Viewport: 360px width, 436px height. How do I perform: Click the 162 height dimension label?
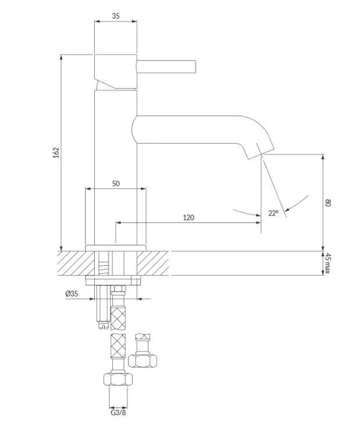pyautogui.click(x=56, y=153)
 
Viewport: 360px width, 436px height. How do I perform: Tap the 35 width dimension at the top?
pyautogui.click(x=116, y=16)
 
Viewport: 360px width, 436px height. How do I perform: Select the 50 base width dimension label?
pyautogui.click(x=116, y=184)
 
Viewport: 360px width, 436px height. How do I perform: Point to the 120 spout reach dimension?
pyautogui.click(x=188, y=217)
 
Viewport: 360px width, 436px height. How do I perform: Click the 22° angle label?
pyautogui.click(x=273, y=213)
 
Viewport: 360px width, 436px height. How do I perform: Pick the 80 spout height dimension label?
pyautogui.click(x=328, y=203)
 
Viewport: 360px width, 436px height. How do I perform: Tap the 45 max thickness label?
pyautogui.click(x=328, y=263)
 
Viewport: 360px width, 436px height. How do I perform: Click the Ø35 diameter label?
pyautogui.click(x=72, y=294)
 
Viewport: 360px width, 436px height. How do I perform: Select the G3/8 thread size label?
pyautogui.click(x=118, y=413)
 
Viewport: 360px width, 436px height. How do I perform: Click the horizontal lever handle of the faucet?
pyautogui.click(x=166, y=67)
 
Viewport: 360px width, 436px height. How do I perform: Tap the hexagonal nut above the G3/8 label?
pyautogui.click(x=118, y=380)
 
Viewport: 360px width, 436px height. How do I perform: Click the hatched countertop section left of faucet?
pyautogui.click(x=76, y=263)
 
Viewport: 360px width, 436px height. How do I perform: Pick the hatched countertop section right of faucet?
pyautogui.click(x=153, y=263)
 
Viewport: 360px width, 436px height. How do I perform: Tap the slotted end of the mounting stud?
pyautogui.click(x=103, y=326)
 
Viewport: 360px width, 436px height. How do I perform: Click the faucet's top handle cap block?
pyautogui.click(x=116, y=72)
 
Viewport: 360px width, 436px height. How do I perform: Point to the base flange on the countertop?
pyautogui.click(x=116, y=248)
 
